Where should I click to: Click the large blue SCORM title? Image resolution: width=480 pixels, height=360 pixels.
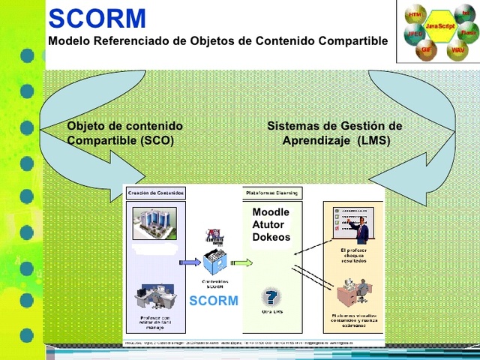click(x=97, y=18)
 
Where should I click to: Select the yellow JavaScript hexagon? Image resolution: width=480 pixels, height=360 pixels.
click(x=439, y=26)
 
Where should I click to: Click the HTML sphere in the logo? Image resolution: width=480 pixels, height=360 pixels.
click(x=415, y=15)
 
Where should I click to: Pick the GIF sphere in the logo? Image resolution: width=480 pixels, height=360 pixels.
click(x=427, y=49)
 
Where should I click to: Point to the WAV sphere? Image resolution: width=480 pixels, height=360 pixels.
click(x=457, y=50)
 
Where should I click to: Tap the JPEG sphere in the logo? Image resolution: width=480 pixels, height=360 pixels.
click(x=414, y=34)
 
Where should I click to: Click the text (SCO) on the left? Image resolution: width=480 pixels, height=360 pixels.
click(x=157, y=140)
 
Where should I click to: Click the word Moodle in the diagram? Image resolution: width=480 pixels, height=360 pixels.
click(x=271, y=212)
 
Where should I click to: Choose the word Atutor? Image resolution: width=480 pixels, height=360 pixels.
click(x=268, y=225)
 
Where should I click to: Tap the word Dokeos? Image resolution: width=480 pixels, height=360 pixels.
click(x=271, y=238)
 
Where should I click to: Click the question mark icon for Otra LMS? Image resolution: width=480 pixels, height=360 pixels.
click(x=271, y=296)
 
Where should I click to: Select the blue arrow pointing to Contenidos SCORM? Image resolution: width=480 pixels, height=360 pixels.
click(x=187, y=262)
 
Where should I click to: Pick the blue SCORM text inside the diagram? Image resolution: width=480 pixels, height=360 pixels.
click(x=214, y=301)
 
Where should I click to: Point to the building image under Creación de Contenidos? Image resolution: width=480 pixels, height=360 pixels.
click(x=154, y=223)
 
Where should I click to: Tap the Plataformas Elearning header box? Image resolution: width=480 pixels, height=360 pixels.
click(x=271, y=193)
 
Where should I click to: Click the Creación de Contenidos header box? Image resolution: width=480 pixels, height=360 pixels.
click(x=155, y=193)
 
